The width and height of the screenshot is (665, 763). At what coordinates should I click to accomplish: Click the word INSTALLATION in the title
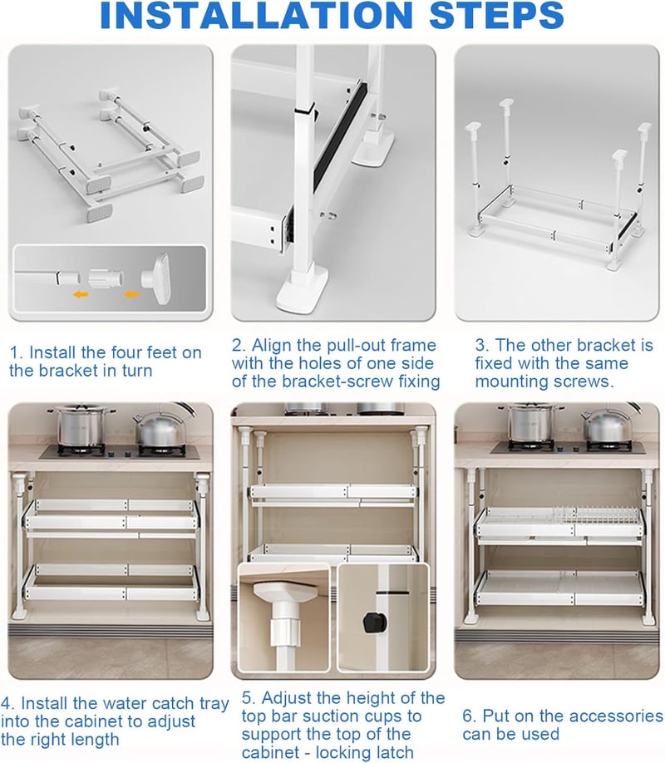tap(257, 15)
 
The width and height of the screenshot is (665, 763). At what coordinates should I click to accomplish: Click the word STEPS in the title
tap(496, 15)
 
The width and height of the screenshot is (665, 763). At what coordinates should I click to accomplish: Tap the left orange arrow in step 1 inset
tap(81, 294)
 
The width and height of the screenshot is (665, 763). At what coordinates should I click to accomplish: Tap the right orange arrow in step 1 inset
tap(131, 294)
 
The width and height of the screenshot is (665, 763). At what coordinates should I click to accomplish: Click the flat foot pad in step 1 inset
tap(157, 278)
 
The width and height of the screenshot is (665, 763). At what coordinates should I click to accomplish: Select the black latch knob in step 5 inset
tap(375, 623)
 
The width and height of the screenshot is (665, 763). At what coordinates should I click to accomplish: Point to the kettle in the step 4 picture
tap(160, 428)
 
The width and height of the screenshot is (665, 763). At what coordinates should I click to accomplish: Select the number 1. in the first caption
tap(17, 352)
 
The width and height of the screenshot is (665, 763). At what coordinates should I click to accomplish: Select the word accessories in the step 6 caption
tap(616, 716)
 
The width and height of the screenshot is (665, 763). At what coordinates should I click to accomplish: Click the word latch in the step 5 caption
tap(392, 752)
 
